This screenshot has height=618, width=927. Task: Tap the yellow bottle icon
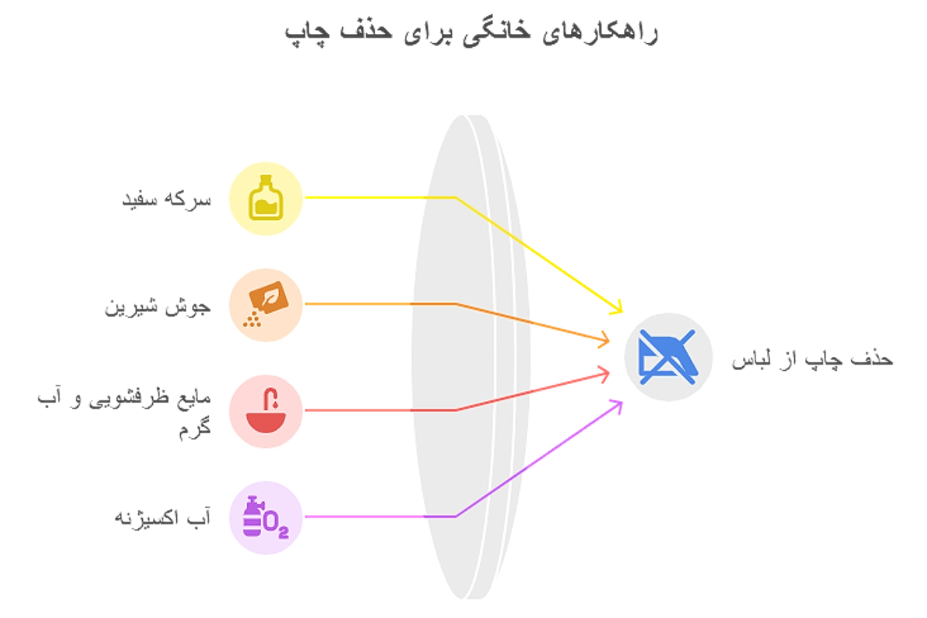(264, 196)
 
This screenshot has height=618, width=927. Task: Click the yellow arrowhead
(616, 308)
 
